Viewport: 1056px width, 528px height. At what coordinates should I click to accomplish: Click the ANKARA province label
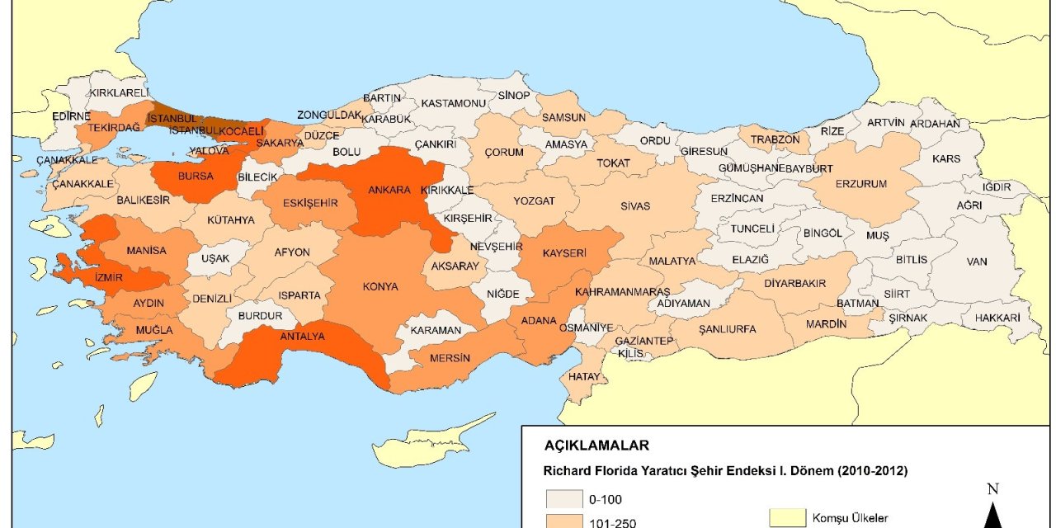tap(389, 190)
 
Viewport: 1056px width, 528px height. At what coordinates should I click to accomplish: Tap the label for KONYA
tap(380, 287)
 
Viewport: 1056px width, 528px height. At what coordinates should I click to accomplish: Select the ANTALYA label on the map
tap(303, 336)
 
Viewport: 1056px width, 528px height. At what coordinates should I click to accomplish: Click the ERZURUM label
tap(861, 184)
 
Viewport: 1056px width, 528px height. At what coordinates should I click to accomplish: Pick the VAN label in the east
tap(977, 262)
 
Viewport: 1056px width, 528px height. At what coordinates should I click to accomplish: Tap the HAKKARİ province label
tap(997, 318)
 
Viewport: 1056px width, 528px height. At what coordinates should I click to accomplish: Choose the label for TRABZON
tap(775, 139)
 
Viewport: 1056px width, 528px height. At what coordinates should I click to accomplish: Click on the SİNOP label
tap(514, 96)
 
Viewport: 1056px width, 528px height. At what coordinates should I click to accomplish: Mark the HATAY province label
tap(583, 376)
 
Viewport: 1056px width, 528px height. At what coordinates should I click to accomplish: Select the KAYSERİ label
tap(564, 252)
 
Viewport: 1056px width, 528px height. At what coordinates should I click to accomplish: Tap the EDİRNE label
tap(71, 116)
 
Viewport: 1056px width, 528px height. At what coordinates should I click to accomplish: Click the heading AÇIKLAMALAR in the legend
tap(596, 445)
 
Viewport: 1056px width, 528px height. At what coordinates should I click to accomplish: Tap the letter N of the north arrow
tap(992, 489)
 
